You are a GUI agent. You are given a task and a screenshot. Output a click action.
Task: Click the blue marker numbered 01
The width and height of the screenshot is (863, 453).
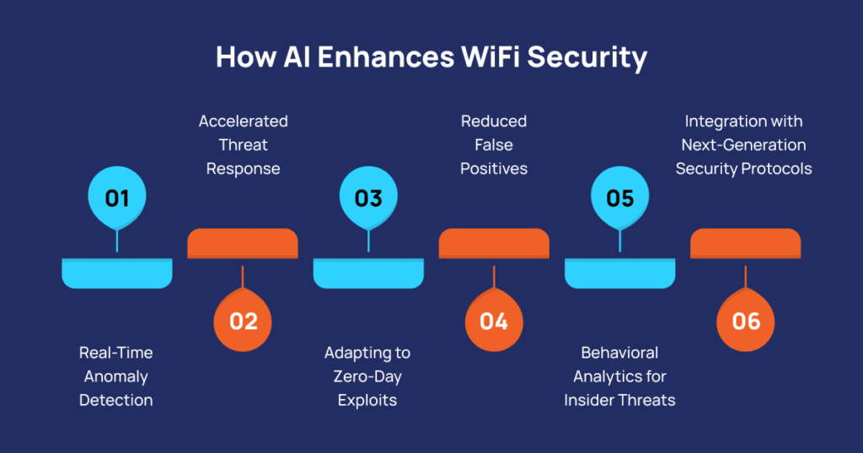point(117,199)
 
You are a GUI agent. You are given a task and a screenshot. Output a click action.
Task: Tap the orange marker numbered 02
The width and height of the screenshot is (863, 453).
point(243,321)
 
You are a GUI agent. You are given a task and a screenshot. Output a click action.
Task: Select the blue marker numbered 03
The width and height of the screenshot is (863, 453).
point(368,199)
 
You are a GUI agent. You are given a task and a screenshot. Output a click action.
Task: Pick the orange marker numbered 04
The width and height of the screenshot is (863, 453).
point(494,321)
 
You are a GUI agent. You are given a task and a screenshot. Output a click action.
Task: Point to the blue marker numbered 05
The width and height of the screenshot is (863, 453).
point(619,199)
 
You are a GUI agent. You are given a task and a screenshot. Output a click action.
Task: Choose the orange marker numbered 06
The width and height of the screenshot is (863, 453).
point(746,321)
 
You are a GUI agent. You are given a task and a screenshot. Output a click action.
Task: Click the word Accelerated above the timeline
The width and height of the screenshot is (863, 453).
point(243,121)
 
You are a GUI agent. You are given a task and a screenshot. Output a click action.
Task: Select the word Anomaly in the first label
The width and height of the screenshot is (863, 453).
point(116,376)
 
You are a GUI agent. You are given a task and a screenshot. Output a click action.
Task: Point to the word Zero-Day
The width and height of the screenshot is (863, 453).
point(367,376)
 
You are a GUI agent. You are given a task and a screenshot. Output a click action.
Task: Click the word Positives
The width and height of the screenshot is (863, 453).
point(494,168)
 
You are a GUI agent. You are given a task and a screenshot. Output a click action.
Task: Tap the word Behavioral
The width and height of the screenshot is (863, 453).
point(619,353)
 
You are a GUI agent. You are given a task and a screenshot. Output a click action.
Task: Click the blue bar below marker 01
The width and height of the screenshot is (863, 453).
point(117,272)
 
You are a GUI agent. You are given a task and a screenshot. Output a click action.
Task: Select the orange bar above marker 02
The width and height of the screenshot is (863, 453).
point(243,242)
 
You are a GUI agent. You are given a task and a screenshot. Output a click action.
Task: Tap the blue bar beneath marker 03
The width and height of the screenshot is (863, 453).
point(368,272)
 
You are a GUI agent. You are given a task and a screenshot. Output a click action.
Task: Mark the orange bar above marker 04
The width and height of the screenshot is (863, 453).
point(494,242)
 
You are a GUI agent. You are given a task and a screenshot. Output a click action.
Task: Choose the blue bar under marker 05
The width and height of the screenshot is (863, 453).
point(619,272)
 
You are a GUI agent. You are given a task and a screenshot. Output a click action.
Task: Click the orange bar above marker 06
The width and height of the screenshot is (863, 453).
point(746,242)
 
